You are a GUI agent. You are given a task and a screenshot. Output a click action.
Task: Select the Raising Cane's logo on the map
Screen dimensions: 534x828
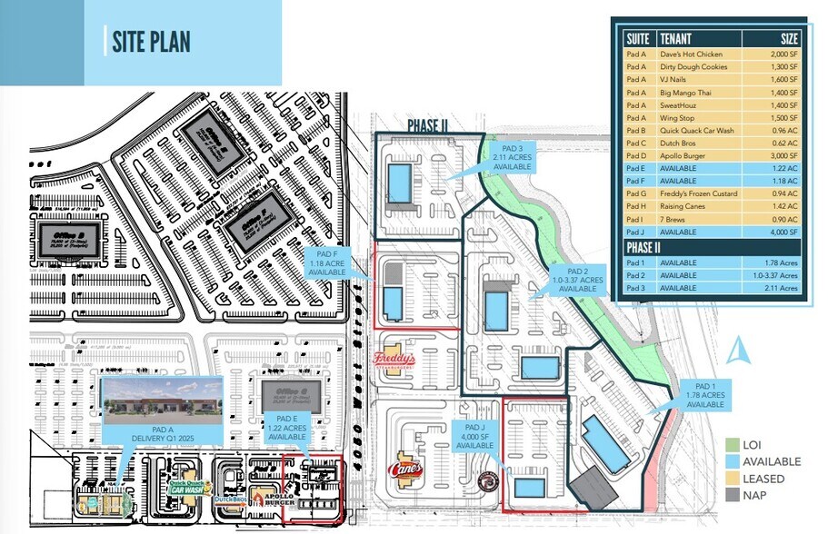click(x=405, y=470)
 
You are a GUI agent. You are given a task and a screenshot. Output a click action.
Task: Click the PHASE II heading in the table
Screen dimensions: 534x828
click(x=647, y=247)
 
